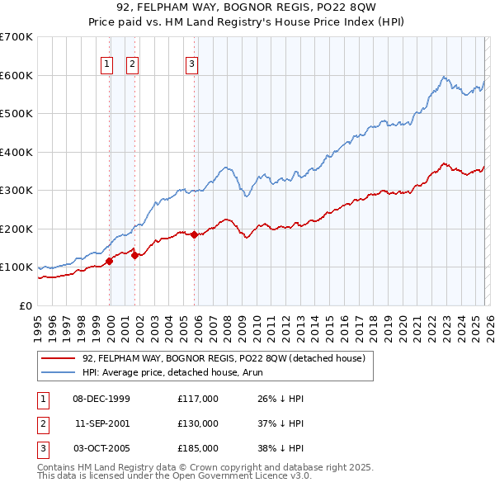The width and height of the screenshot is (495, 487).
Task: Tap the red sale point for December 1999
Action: (x=109, y=261)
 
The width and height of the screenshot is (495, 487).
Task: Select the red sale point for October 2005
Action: (x=195, y=234)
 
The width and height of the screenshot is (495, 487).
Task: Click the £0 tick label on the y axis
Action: (x=26, y=305)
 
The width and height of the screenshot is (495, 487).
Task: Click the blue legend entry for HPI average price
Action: (x=190, y=372)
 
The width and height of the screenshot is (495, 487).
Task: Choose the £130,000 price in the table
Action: (x=198, y=423)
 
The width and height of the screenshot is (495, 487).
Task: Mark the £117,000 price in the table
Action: (x=198, y=399)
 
